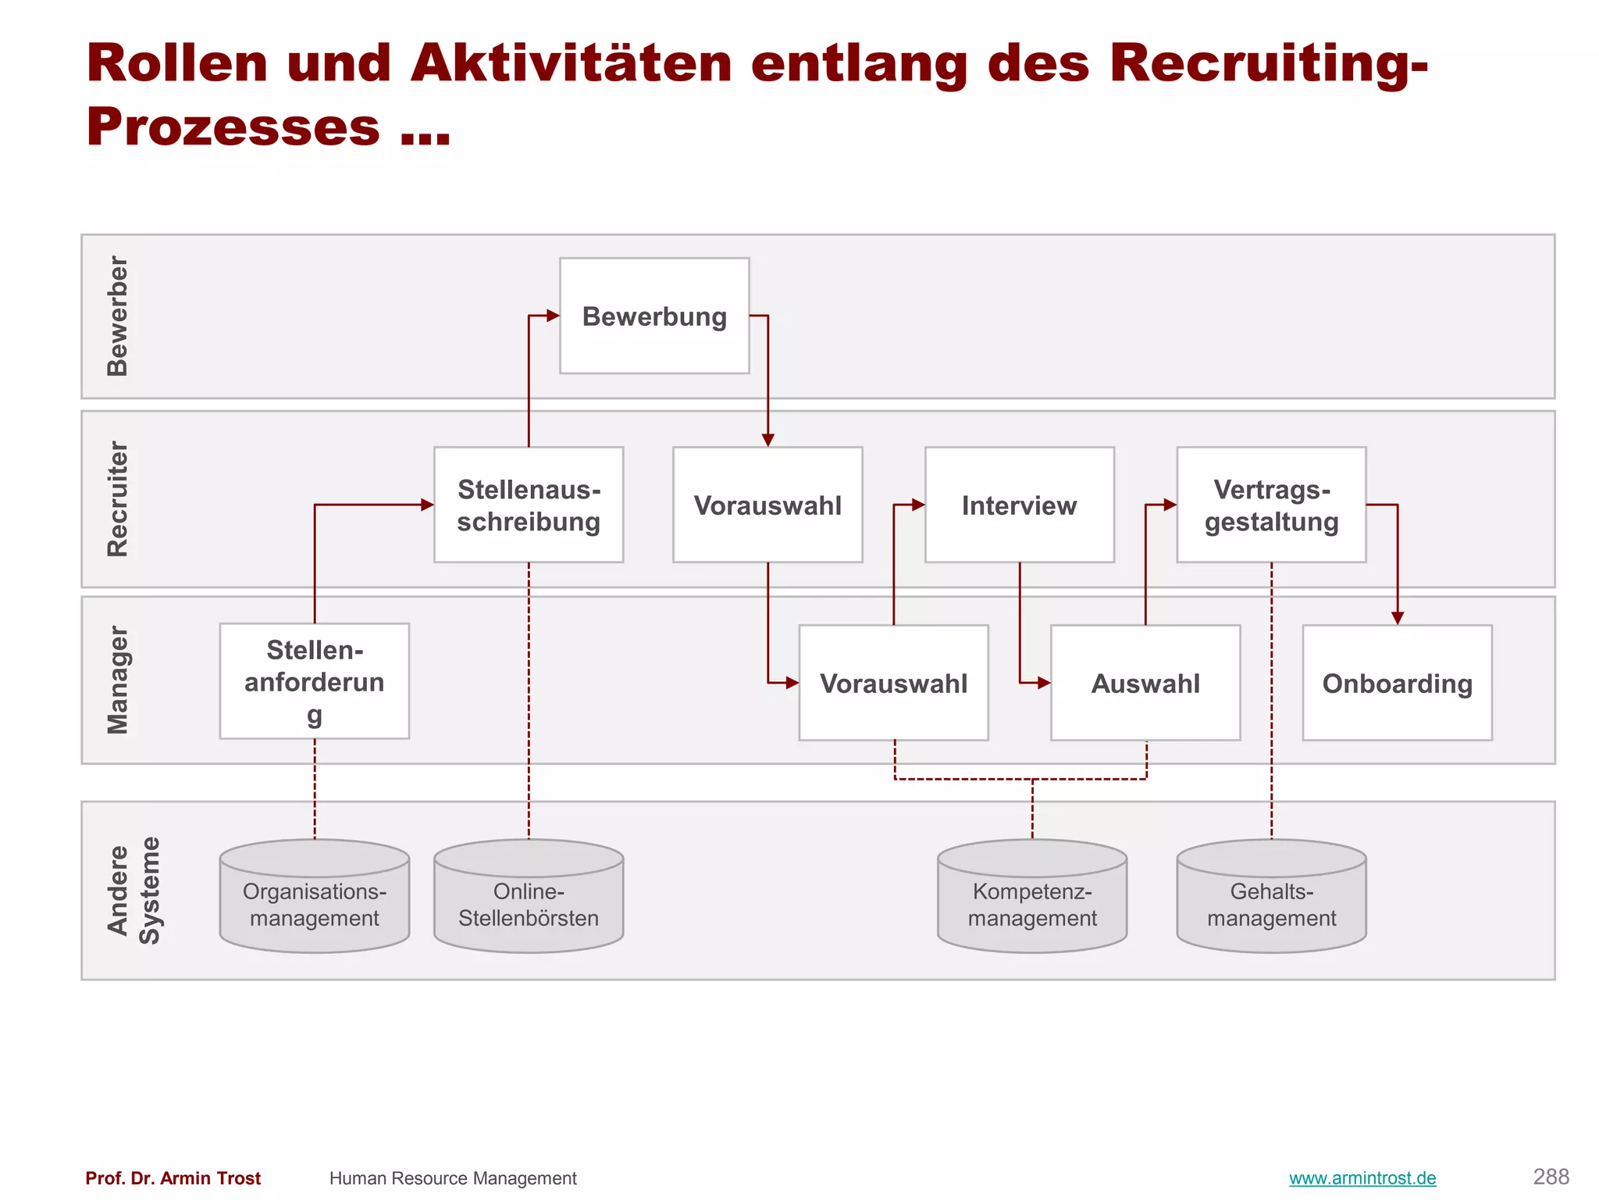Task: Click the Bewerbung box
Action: [x=654, y=316]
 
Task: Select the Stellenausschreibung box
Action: [x=529, y=505]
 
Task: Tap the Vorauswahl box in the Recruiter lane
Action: [x=767, y=505]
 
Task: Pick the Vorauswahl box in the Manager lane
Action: [x=893, y=683]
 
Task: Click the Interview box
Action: [x=1019, y=505]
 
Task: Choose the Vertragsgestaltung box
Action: [x=1271, y=505]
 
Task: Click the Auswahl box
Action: [x=1145, y=683]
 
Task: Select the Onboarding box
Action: [x=1397, y=683]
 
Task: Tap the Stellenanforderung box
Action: [x=314, y=681]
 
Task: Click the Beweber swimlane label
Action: [x=117, y=316]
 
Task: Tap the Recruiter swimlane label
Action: [x=117, y=498]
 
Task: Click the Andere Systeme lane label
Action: [x=133, y=891]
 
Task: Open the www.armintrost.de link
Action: [x=1362, y=1178]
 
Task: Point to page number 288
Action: [x=1551, y=1177]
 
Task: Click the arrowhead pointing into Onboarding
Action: [x=1398, y=618]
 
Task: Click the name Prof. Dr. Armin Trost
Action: [x=173, y=1178]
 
